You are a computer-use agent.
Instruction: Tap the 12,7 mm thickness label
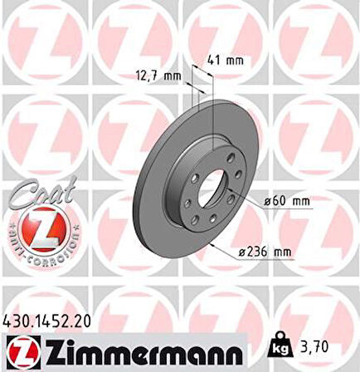(x=158, y=75)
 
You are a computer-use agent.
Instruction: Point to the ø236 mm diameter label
(x=271, y=251)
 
